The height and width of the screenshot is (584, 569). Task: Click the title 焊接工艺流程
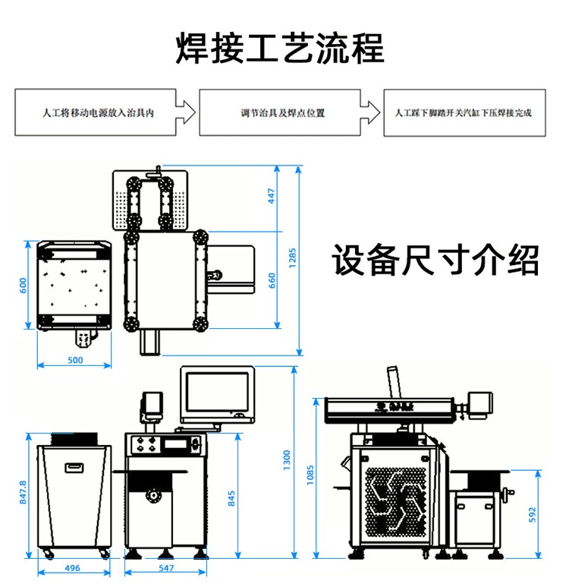tap(280, 47)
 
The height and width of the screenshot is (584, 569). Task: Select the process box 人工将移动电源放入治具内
tap(99, 113)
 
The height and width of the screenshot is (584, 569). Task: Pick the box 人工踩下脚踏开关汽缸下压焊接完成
tap(464, 113)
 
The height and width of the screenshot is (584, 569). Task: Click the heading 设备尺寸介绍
tap(435, 260)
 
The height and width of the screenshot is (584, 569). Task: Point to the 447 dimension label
tap(272, 195)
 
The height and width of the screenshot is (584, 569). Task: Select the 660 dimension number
tap(272, 281)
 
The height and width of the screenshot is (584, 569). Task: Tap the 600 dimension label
tap(23, 285)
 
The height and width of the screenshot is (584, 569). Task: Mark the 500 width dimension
tap(75, 360)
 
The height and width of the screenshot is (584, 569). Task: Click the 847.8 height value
tap(23, 492)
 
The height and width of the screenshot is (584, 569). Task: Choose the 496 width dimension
tap(73, 567)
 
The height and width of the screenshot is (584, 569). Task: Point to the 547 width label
tap(167, 567)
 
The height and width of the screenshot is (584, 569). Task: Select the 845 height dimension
tap(231, 498)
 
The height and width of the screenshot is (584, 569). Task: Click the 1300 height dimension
tap(286, 458)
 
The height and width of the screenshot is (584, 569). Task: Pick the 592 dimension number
tap(532, 513)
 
